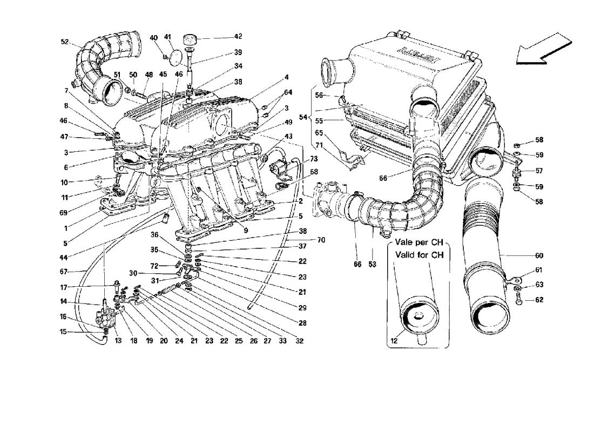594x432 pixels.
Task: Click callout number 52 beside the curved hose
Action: pyautogui.click(x=65, y=42)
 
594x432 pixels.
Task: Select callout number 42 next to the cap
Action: pyautogui.click(x=238, y=37)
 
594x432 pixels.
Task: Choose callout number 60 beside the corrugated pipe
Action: pyautogui.click(x=539, y=256)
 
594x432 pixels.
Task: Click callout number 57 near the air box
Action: pyautogui.click(x=539, y=171)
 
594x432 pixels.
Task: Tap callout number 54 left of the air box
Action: pyautogui.click(x=303, y=117)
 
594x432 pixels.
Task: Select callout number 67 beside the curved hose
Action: pyautogui.click(x=63, y=272)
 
